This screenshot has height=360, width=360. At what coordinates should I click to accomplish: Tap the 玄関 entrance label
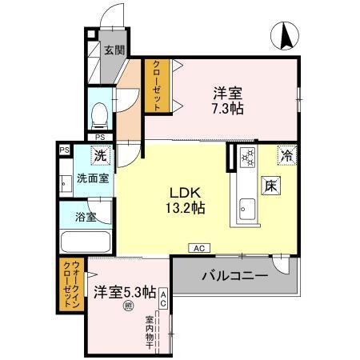pos(114,50)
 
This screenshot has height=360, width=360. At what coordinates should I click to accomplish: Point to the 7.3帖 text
pos(227,108)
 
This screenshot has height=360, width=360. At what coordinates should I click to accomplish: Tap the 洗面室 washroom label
pos(91,178)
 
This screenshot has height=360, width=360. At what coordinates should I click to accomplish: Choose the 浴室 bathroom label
pos(86,217)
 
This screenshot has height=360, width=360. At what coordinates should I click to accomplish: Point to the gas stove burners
pos(246,158)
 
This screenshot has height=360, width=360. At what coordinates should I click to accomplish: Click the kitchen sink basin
pos(245,211)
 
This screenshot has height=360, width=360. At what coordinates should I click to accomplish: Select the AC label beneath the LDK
pos(197,248)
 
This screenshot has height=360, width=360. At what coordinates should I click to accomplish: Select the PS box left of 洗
pos(63,149)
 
